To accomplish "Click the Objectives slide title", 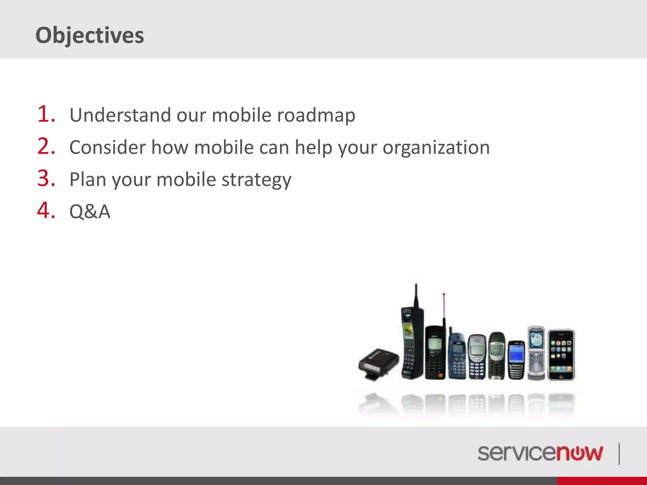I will (90, 35).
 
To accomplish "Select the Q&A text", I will (90, 212).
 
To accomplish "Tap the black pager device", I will (379, 363).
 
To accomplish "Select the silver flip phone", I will (536, 353).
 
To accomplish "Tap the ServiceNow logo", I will (540, 453).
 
